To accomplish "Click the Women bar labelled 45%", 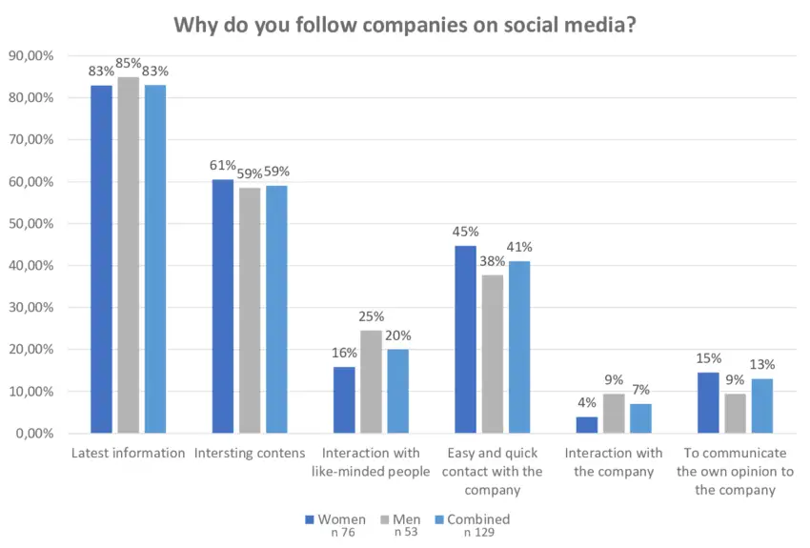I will (x=465, y=339).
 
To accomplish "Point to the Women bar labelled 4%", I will (x=587, y=425).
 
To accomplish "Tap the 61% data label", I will (x=223, y=166).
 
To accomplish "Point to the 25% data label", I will (x=371, y=316).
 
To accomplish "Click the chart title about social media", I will (x=405, y=23).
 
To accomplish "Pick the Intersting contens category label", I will (x=250, y=453).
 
